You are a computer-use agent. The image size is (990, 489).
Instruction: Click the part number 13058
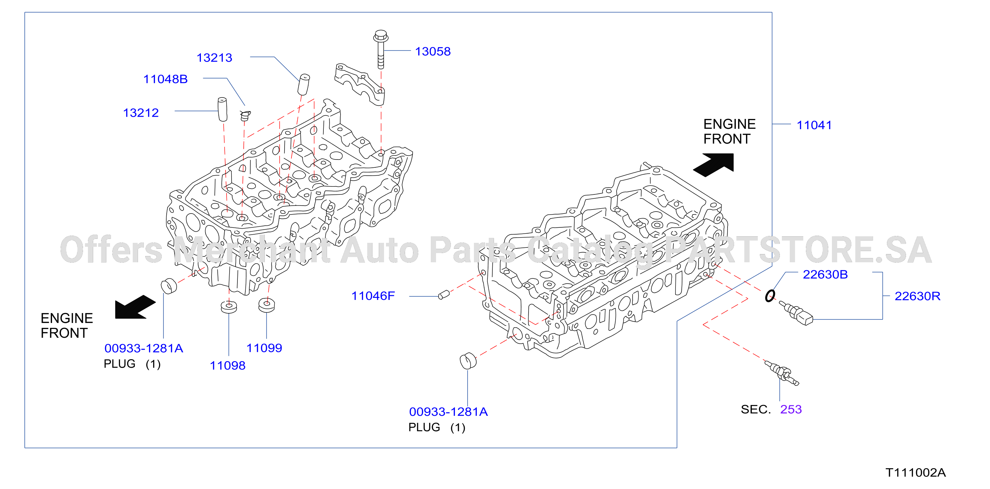click(x=433, y=51)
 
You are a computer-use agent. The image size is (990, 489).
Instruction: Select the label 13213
click(x=214, y=58)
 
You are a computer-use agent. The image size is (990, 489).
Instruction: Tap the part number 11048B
click(x=166, y=79)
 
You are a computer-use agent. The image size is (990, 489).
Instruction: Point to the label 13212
click(x=141, y=113)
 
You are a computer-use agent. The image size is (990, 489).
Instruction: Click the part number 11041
click(x=814, y=125)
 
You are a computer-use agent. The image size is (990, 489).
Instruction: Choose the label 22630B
click(x=825, y=274)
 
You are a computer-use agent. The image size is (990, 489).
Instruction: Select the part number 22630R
click(x=917, y=296)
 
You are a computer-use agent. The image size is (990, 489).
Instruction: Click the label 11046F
click(x=373, y=296)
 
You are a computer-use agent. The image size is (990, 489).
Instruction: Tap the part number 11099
click(x=264, y=348)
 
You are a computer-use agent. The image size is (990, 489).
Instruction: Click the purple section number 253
click(x=791, y=409)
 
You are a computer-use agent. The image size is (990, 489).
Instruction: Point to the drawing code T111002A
click(x=916, y=473)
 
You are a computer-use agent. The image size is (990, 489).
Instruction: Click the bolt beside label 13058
click(x=381, y=49)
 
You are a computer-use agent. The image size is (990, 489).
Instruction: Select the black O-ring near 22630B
click(x=770, y=296)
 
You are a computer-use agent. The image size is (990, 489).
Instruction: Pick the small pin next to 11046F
click(x=444, y=295)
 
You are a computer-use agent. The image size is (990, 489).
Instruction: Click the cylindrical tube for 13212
click(x=223, y=109)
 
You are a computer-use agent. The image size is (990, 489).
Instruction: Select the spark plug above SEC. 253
click(x=782, y=372)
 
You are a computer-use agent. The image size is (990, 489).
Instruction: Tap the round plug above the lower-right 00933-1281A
click(x=468, y=360)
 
